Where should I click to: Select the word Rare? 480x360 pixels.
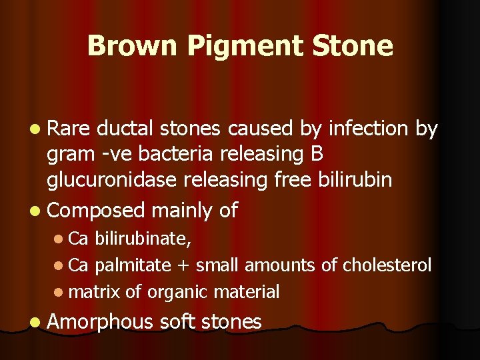click(x=70, y=129)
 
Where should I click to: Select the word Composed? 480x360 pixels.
click(x=96, y=211)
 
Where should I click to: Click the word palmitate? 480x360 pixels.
click(x=133, y=265)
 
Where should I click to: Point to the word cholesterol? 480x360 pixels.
click(x=387, y=265)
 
